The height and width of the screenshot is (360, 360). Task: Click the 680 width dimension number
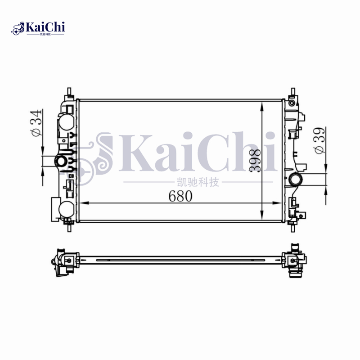tap(180, 196)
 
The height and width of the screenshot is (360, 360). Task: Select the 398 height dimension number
tap(255, 160)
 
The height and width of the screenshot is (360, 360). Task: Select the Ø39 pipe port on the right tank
tap(297, 179)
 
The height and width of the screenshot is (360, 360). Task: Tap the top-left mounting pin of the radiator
tap(68, 92)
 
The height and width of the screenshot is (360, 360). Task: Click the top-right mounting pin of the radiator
tap(293, 92)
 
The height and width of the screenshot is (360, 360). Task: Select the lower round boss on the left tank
tap(66, 209)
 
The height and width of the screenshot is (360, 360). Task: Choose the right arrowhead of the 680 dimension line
tap(280, 204)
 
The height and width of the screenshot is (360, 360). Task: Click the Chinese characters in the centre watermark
tap(198, 182)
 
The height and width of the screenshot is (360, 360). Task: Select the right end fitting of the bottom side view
tap(295, 261)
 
